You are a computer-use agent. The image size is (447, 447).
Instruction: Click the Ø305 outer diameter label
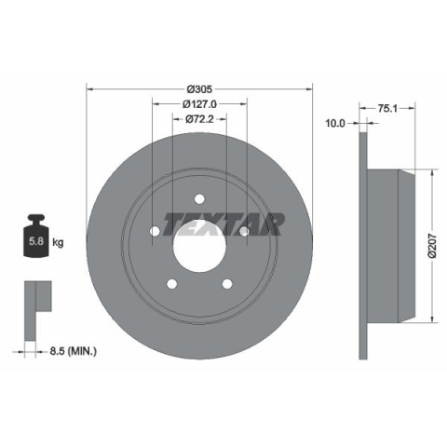tap(199, 89)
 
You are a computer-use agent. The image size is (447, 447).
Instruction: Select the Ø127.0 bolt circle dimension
tap(199, 104)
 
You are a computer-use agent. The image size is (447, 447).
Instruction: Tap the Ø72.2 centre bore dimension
tap(199, 119)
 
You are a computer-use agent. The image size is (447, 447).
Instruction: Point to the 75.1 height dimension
tap(387, 108)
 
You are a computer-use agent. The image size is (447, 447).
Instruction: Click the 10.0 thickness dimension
tap(335, 124)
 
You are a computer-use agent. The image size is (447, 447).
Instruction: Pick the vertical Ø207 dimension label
tap(432, 246)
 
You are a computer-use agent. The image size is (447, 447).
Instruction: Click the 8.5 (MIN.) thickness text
tap(74, 351)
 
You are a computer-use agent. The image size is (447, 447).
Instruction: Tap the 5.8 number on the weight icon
tap(36, 241)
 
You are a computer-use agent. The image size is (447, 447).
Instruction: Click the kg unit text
tap(58, 242)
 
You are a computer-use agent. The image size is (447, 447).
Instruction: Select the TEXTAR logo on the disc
tap(223, 224)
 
